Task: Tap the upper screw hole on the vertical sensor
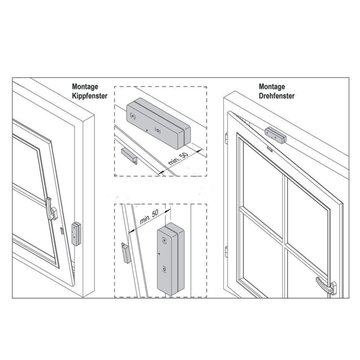point(162,237)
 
